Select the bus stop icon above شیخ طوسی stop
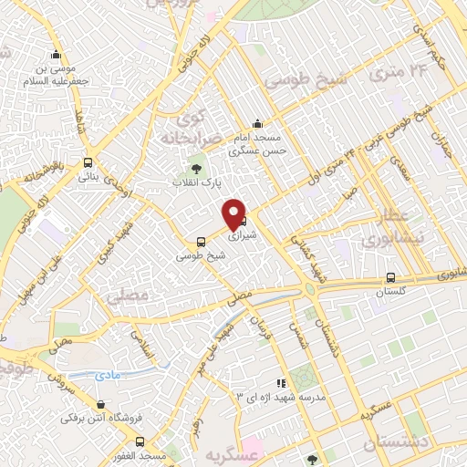pos(200,243)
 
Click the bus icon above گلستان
pos(390,278)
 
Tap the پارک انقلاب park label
pos(193,182)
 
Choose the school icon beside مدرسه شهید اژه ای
pos(282,384)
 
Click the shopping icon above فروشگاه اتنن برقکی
pos(99,404)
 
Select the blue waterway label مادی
pos(107,375)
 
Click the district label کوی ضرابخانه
pos(192,128)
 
